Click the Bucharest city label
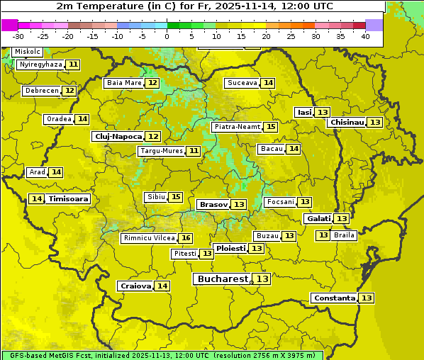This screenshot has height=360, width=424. click(222, 279)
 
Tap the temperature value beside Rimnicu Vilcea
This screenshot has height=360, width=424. click(186, 238)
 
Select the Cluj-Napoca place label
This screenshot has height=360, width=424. click(118, 136)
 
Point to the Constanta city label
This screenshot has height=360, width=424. click(334, 298)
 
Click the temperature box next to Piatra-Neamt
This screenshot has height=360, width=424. click(271, 127)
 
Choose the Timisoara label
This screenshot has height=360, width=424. click(69, 199)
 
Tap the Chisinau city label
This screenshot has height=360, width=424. click(347, 122)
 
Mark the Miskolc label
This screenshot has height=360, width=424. click(27, 52)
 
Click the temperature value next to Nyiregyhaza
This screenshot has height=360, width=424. click(73, 64)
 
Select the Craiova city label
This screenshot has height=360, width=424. click(135, 286)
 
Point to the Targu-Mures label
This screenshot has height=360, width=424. click(161, 151)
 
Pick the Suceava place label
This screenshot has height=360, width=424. click(242, 83)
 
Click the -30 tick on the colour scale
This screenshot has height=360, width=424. click(18, 36)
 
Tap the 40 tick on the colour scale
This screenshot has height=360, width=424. click(365, 36)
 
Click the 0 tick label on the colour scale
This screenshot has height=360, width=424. click(167, 36)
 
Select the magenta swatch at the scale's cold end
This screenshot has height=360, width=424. click(10, 25)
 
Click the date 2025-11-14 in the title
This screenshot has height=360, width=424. click(266, 6)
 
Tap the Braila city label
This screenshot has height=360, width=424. click(344, 235)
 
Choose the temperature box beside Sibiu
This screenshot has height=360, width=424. click(176, 197)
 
